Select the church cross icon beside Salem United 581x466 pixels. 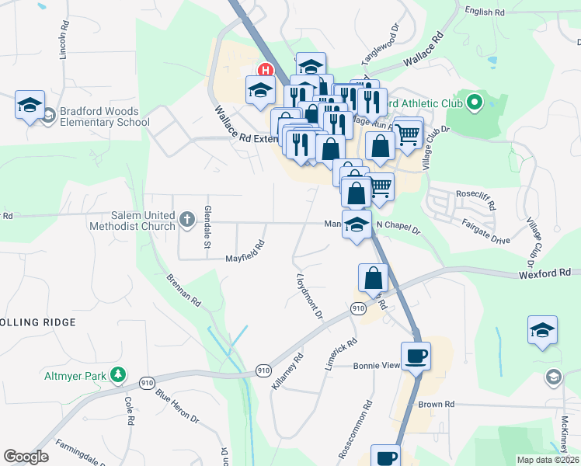[186, 220]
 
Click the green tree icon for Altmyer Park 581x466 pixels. [117, 375]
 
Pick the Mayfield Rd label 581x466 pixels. [245, 250]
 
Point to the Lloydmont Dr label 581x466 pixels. [308, 295]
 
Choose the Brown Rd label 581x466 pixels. [436, 404]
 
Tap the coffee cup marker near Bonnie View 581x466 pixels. [416, 357]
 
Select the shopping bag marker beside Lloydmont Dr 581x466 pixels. [373, 278]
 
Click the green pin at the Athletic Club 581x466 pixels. [473, 102]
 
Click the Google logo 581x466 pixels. [26, 457]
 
